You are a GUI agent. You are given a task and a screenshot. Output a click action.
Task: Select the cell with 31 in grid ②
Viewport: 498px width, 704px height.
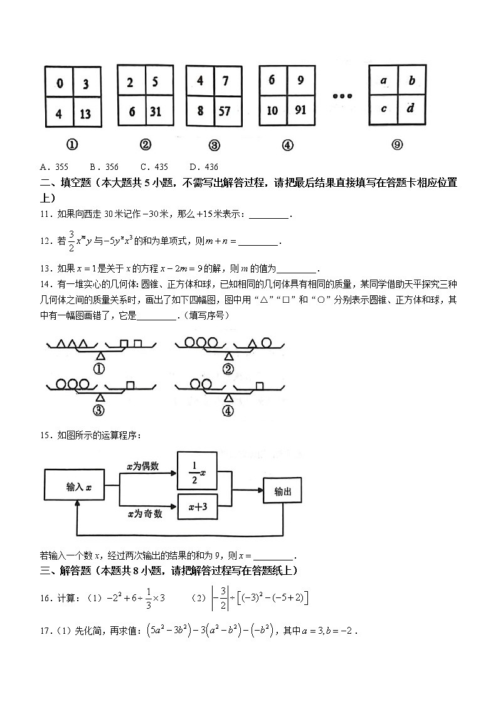click(x=155, y=112)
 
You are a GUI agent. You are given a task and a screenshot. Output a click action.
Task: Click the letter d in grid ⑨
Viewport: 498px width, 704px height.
click(x=410, y=108)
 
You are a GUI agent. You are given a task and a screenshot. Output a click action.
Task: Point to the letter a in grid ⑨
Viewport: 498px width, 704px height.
click(x=383, y=80)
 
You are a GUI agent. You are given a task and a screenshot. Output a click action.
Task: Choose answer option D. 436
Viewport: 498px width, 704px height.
click(x=203, y=167)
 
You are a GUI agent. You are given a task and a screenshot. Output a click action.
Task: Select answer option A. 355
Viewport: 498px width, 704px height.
click(x=54, y=167)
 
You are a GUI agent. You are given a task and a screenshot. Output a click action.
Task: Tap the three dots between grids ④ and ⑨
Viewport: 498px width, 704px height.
click(x=343, y=96)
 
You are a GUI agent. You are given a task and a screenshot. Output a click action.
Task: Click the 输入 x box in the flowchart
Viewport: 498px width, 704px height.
click(x=74, y=486)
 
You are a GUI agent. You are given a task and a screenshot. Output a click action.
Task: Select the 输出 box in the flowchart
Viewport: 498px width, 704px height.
click(x=283, y=492)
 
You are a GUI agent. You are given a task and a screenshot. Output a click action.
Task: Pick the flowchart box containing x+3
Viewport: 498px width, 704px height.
click(x=198, y=510)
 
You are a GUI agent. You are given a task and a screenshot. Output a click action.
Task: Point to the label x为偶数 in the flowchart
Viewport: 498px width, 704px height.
click(x=142, y=466)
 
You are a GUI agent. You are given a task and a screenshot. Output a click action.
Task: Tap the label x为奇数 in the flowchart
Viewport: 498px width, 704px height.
click(x=145, y=514)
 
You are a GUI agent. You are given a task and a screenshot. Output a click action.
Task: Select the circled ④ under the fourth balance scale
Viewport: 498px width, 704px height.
click(x=228, y=411)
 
